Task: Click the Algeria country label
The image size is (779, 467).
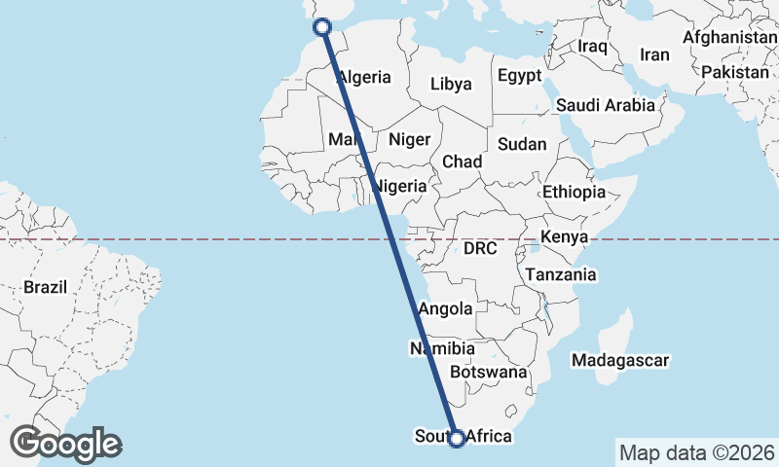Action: (364, 78)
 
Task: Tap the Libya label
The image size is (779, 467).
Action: (451, 85)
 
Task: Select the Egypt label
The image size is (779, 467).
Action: (519, 76)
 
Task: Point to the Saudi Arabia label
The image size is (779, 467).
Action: (605, 105)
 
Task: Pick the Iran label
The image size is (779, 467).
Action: (654, 55)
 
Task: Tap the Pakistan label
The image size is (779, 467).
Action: (734, 73)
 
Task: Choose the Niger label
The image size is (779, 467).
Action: (409, 139)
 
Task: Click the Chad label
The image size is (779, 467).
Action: (462, 162)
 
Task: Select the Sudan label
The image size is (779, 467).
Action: (522, 144)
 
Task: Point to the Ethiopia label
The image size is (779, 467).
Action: (575, 192)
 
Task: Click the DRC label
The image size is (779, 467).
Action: (480, 249)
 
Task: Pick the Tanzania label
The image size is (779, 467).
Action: (560, 275)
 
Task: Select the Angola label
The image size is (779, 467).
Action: (445, 309)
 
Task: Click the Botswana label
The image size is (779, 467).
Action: (489, 372)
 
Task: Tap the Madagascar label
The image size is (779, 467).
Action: (621, 361)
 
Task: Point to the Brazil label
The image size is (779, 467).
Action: (45, 288)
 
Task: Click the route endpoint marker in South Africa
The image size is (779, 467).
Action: (456, 439)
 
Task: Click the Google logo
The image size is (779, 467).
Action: (66, 444)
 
